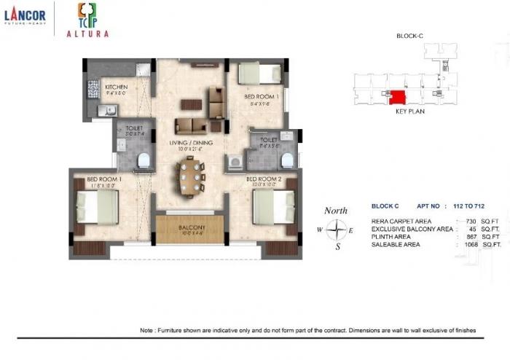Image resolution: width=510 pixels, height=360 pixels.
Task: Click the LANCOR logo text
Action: click(x=25, y=14)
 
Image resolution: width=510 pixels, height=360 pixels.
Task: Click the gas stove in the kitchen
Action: click(x=93, y=90)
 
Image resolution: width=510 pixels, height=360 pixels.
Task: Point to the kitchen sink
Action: click(x=107, y=111)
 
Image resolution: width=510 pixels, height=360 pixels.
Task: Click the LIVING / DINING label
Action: click(x=191, y=143)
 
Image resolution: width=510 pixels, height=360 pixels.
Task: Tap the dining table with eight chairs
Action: click(x=190, y=177)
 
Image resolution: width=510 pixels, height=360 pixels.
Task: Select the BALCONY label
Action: click(x=190, y=228)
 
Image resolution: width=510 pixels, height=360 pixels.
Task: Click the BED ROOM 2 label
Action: click(x=264, y=179)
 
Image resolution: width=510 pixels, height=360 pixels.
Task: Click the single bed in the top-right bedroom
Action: click(x=259, y=73)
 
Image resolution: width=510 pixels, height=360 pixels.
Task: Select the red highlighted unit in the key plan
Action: click(x=397, y=97)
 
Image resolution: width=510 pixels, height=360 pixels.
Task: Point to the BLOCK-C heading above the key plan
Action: click(x=409, y=36)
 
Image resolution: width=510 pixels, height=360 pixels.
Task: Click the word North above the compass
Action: click(x=336, y=211)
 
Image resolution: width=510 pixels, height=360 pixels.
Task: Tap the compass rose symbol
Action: click(x=336, y=231)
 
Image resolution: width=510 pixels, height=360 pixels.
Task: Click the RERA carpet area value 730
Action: click(x=474, y=221)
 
